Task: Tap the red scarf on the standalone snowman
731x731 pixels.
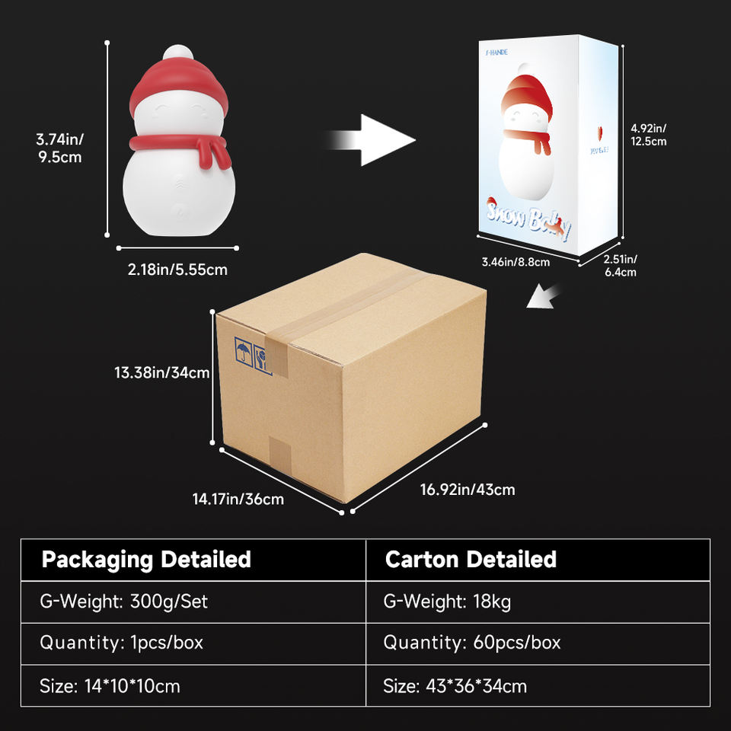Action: (x=180, y=144)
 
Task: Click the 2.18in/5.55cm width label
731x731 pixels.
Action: (x=177, y=269)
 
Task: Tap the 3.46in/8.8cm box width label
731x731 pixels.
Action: (x=516, y=263)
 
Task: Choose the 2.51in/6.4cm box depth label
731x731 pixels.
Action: (x=619, y=266)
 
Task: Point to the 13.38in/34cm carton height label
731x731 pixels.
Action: (x=162, y=372)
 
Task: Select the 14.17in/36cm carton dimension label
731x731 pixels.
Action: (x=238, y=499)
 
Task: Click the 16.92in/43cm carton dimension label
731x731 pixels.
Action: (x=468, y=489)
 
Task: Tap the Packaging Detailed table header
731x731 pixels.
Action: (x=146, y=560)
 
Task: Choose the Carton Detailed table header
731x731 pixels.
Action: (x=471, y=560)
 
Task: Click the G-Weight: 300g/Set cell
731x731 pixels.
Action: (x=124, y=602)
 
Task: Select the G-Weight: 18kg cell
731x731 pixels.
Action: (x=447, y=602)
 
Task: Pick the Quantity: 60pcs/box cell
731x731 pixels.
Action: (x=471, y=643)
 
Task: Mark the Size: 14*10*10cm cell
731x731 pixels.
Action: (x=110, y=685)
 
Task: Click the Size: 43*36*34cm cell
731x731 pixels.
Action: (x=455, y=685)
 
